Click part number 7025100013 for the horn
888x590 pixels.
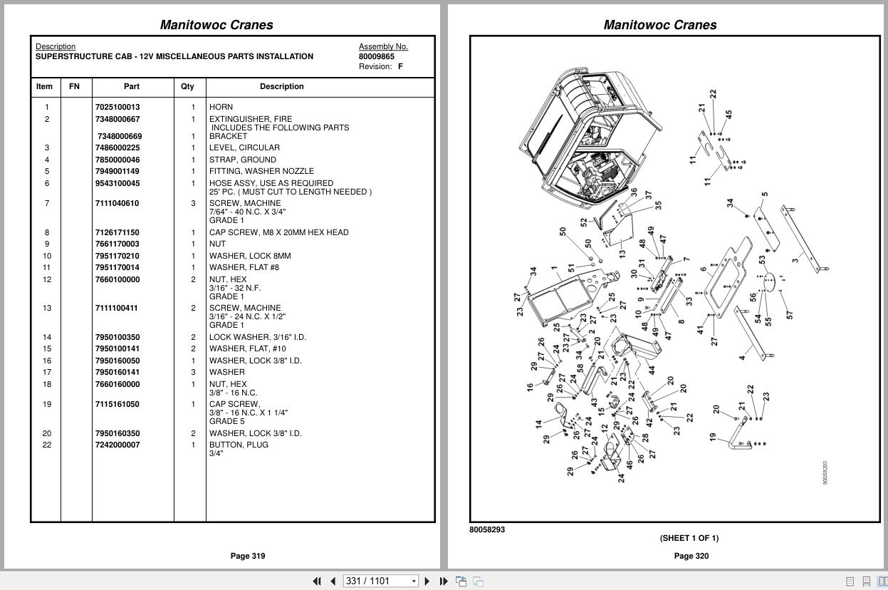[x=117, y=107]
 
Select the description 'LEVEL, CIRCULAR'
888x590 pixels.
[x=244, y=147]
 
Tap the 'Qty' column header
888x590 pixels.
[x=187, y=86]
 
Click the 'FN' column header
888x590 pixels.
[x=74, y=86]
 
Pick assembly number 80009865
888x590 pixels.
[x=376, y=56]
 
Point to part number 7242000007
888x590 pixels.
[x=117, y=445]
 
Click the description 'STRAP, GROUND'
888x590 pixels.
[x=242, y=160]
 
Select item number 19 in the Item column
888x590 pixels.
[x=47, y=404]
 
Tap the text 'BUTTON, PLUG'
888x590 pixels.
[x=239, y=445]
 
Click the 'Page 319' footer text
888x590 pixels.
[x=247, y=556]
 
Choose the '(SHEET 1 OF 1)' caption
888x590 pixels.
[x=689, y=538]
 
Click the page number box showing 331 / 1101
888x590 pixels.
[x=380, y=581]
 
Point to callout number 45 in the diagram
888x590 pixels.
[x=728, y=115]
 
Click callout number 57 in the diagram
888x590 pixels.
[x=789, y=314]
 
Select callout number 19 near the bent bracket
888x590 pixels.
[x=712, y=437]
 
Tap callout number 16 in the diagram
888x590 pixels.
[x=530, y=387]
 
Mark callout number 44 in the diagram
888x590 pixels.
[x=651, y=371]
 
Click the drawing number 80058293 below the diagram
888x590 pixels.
[x=487, y=529]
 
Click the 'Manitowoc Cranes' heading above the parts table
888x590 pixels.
[x=216, y=25]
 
